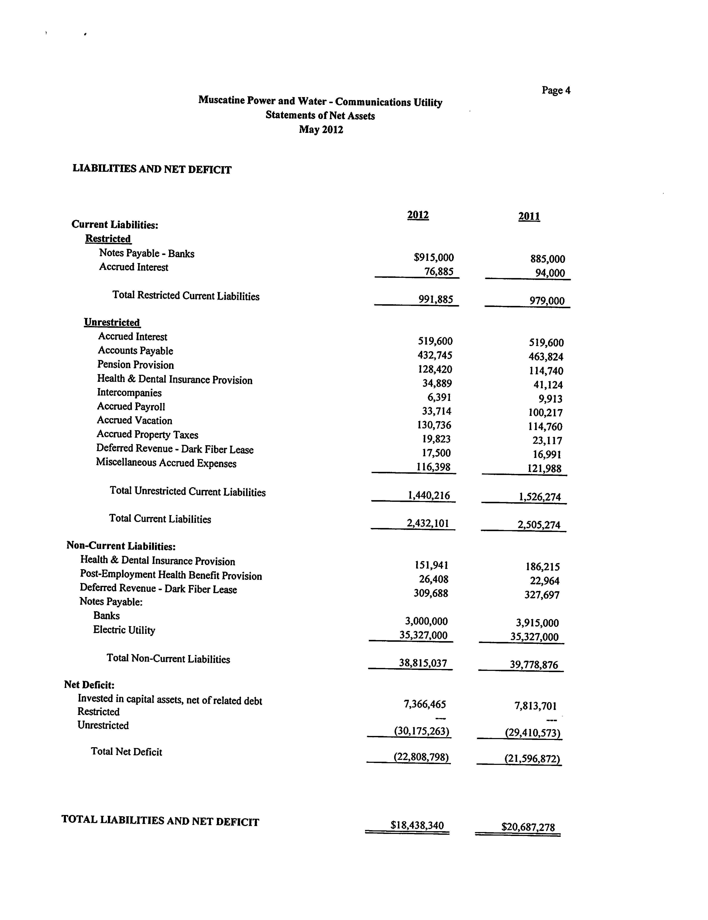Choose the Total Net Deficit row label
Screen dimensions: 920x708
pyautogui.click(x=126, y=752)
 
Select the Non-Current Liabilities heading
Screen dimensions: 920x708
pyautogui.click(x=121, y=546)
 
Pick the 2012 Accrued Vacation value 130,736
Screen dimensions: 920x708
pyautogui.click(x=434, y=425)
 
